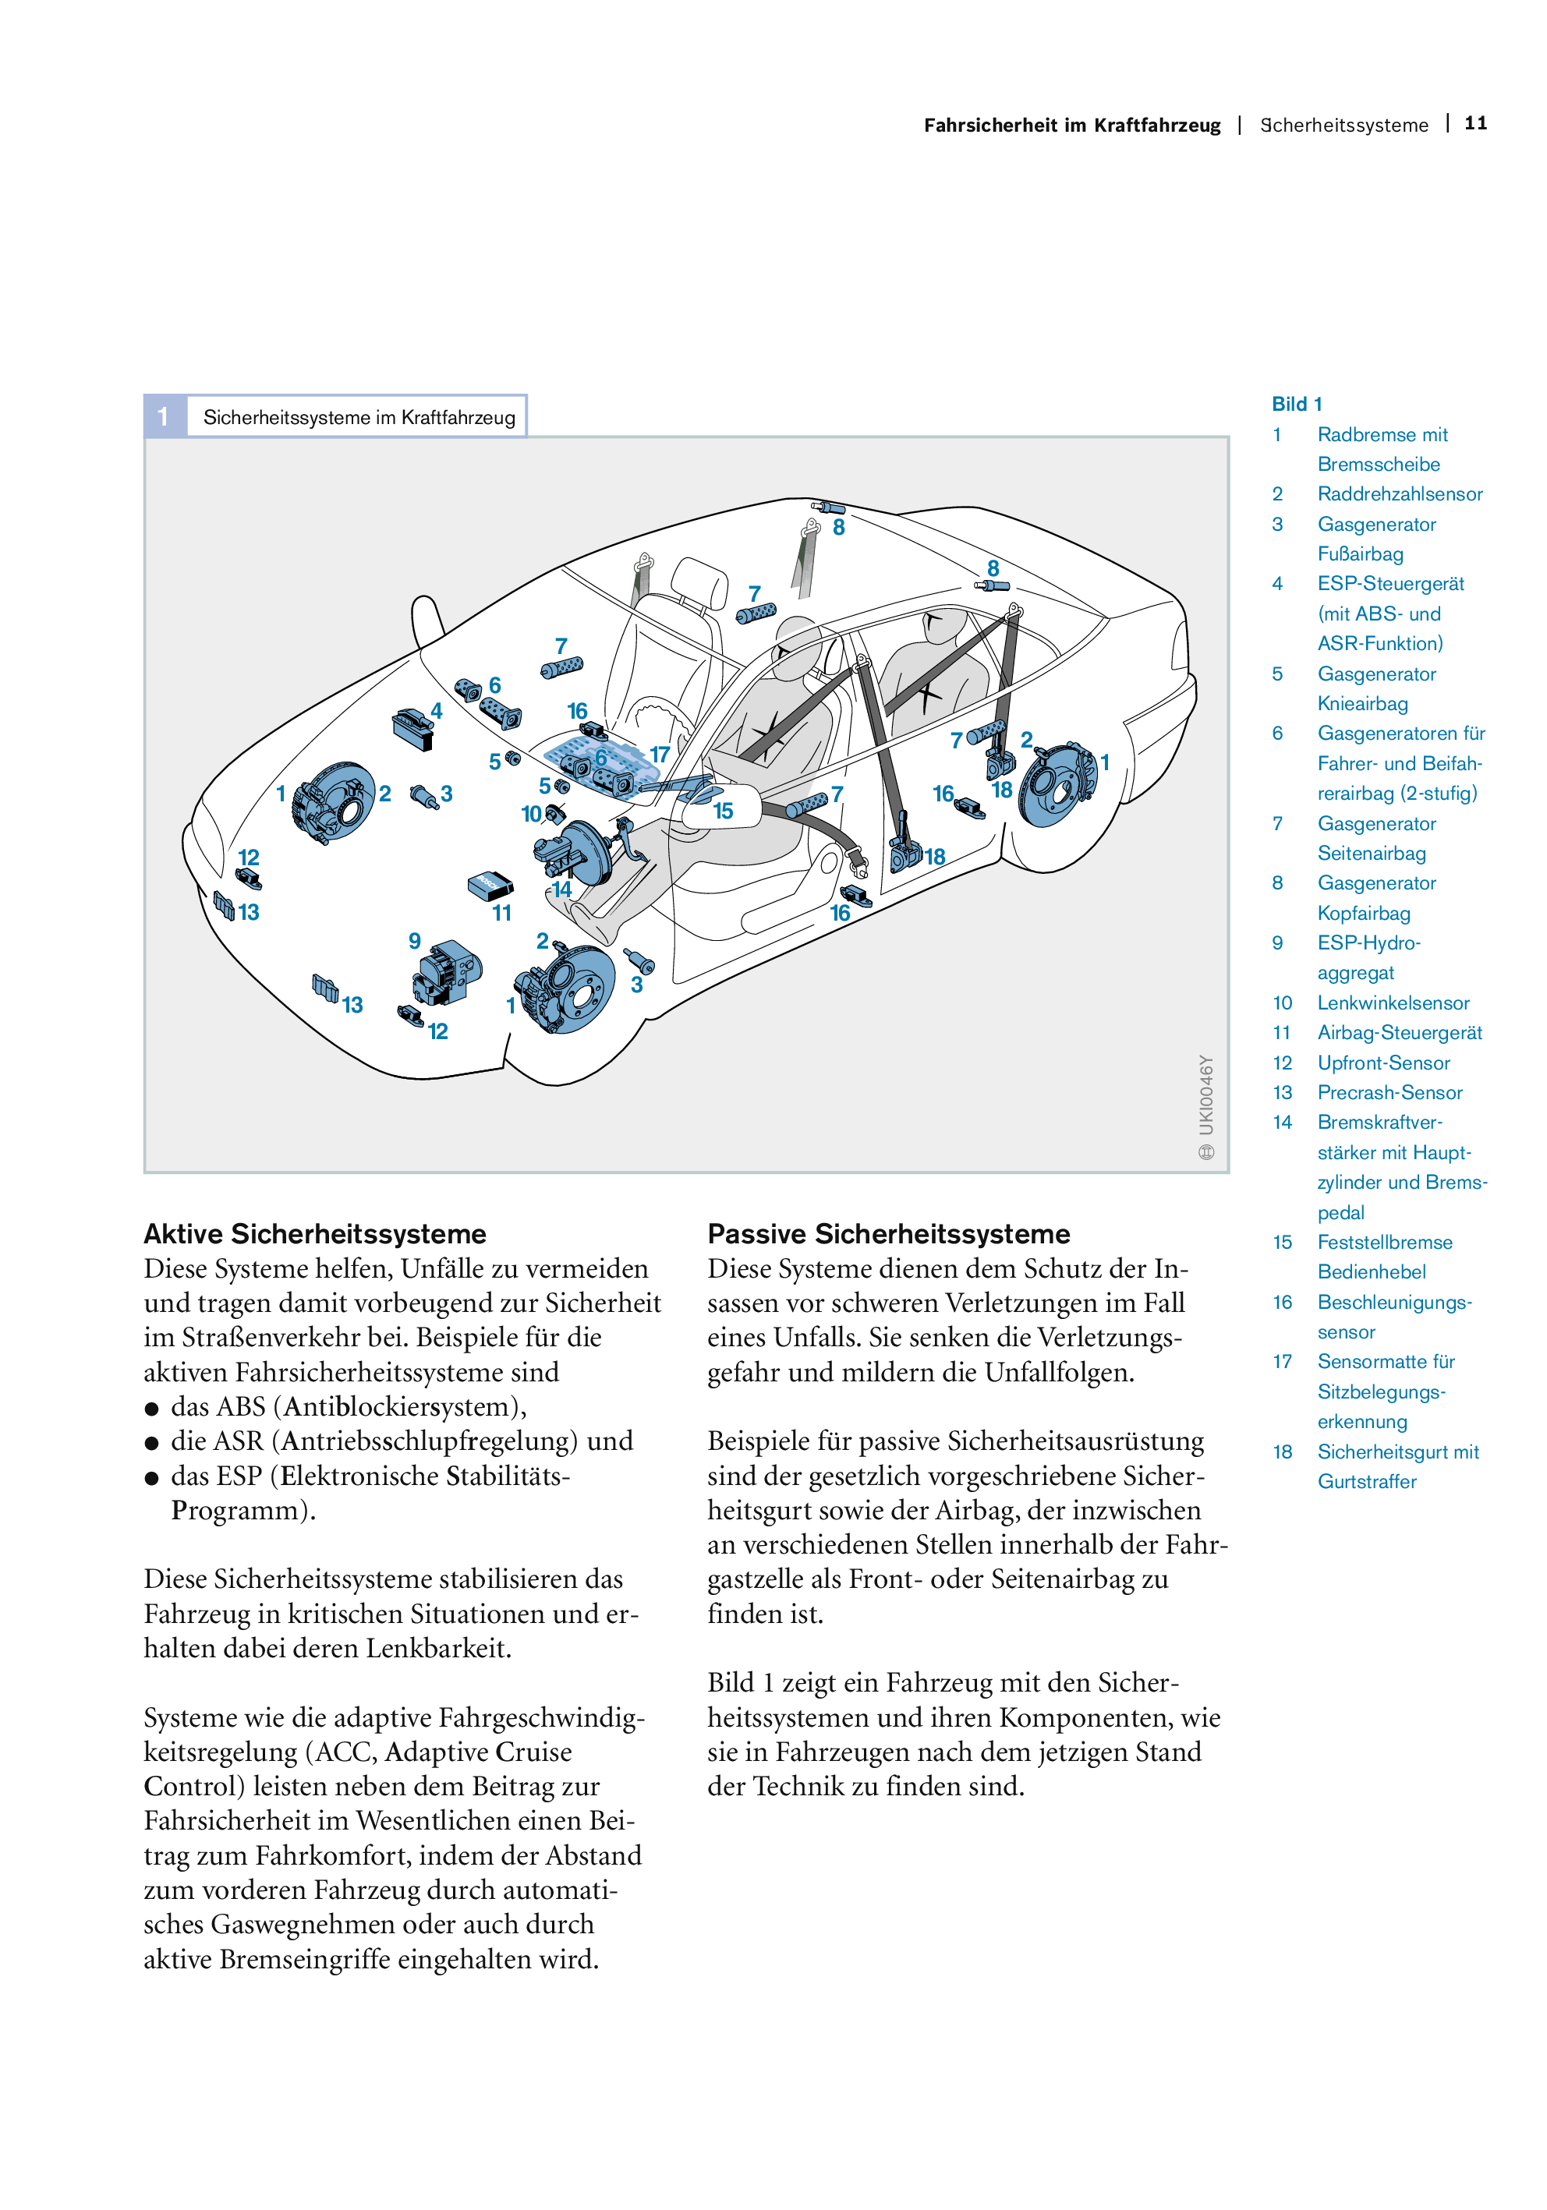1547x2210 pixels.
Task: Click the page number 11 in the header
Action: pos(1474,123)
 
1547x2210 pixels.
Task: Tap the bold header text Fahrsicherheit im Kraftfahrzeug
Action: pos(1071,126)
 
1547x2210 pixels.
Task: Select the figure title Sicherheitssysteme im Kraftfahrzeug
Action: pos(359,417)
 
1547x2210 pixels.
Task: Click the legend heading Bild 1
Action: pos(1297,403)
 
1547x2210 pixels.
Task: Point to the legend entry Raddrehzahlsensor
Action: pos(1400,493)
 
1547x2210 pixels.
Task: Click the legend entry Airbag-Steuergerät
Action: pos(1400,1032)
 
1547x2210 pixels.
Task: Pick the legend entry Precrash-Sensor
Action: pos(1389,1091)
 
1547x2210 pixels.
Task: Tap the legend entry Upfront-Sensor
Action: pos(1383,1063)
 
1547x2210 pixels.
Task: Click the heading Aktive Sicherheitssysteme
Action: pos(315,1233)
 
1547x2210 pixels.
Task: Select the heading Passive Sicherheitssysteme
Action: pos(889,1233)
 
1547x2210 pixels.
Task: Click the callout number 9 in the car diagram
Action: pos(414,940)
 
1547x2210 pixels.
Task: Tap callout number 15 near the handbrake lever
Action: pos(723,811)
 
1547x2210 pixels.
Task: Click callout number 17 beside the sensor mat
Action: pos(660,755)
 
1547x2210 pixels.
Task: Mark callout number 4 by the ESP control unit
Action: pos(436,710)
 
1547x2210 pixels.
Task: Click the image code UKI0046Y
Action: pos(1206,1094)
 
